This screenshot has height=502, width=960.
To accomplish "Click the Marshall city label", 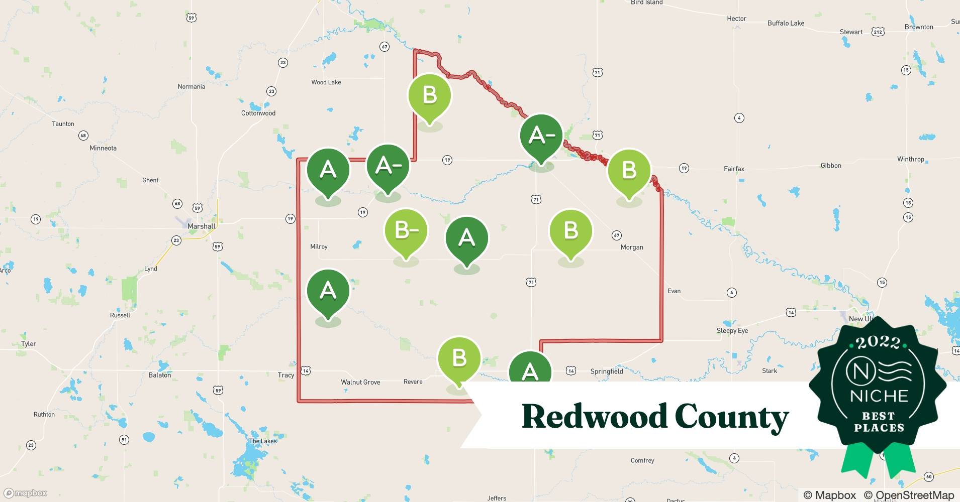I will coord(201,226).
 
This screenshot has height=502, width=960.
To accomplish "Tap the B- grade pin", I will coord(406,231).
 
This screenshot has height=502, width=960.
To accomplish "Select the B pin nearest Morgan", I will coord(570,231).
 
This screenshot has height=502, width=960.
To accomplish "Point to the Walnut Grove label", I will coord(360,382).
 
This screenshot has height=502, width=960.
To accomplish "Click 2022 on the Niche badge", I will coord(879,343).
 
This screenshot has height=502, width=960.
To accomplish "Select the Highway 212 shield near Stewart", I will coord(878,32).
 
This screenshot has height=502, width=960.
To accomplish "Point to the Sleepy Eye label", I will coord(732,330).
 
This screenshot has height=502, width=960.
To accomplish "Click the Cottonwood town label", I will coord(258,113).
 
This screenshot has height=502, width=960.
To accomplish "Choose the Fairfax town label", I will coord(734,169).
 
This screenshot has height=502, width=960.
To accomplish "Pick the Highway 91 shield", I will coord(124,440).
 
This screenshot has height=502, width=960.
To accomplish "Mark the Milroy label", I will coord(319,246).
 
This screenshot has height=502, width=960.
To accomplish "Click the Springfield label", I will coord(606,371).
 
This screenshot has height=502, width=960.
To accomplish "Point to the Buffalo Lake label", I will coord(786,23).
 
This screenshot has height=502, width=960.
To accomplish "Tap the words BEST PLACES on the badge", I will coord(879,422).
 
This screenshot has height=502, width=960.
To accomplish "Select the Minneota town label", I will coord(103,148).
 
